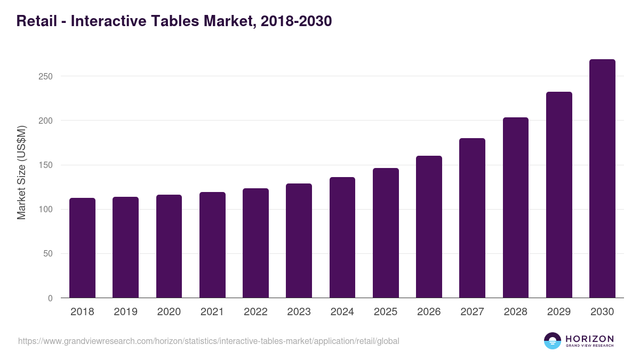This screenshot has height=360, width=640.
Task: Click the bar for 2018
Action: point(82,248)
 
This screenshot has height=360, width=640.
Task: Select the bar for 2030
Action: point(602,179)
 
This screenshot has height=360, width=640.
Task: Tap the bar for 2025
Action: point(386,233)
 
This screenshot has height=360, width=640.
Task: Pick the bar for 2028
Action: point(516,207)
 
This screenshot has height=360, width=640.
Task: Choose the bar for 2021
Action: point(212,245)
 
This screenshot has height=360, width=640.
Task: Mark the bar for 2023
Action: point(299,241)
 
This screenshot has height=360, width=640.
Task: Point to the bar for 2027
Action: point(472,218)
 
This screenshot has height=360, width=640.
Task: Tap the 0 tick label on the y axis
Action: point(50,298)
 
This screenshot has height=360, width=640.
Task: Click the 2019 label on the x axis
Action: point(125,312)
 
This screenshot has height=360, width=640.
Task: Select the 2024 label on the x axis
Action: point(342,312)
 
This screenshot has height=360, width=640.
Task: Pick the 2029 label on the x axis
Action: point(559,312)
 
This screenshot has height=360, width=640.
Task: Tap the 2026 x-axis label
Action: point(429,312)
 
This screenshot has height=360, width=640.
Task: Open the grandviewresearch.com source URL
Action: point(209,341)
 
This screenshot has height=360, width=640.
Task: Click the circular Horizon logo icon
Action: point(553,341)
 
